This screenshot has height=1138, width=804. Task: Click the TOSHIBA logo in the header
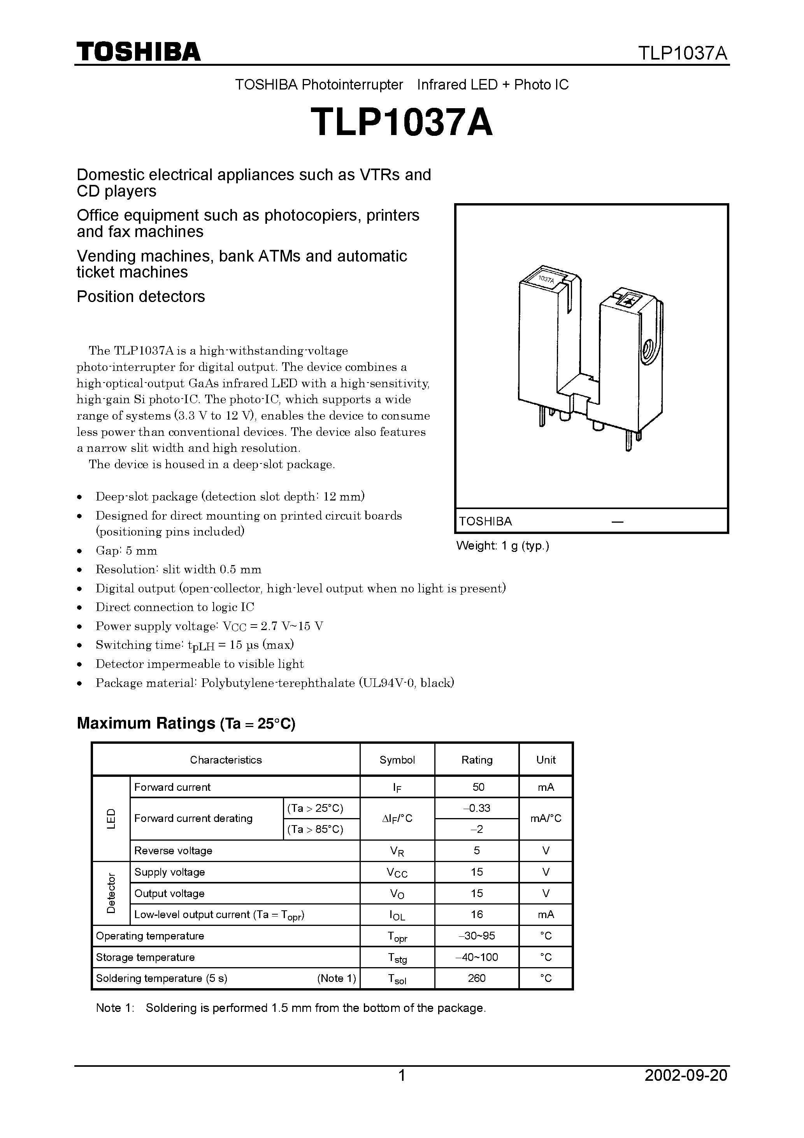tap(138, 51)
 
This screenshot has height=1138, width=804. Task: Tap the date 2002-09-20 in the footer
tap(686, 1089)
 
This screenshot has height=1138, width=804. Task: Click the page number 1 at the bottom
tap(402, 1089)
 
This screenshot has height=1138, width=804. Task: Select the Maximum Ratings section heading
tap(186, 723)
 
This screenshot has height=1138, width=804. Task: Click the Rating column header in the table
tap(476, 760)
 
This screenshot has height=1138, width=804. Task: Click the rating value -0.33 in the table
tap(477, 808)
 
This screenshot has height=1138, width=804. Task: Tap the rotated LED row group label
tap(111, 818)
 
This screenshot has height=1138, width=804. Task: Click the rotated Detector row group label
tap(111, 893)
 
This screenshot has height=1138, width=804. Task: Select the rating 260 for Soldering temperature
tap(476, 978)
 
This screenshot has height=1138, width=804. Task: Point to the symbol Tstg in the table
tap(397, 957)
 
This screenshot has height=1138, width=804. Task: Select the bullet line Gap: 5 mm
tap(126, 551)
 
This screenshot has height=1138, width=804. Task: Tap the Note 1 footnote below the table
tap(290, 1008)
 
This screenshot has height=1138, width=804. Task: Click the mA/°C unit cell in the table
tap(545, 818)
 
